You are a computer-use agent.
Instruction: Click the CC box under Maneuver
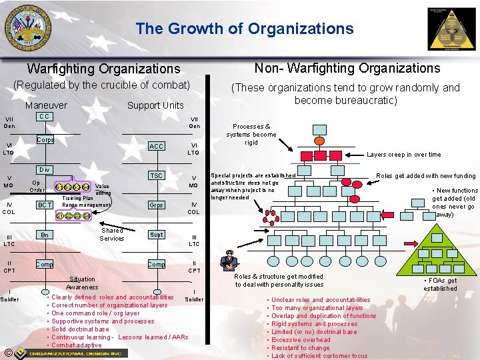coord(44,117)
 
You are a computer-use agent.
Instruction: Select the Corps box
coord(45,141)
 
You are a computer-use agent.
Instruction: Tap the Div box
coord(45,170)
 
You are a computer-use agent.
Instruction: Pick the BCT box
coord(45,205)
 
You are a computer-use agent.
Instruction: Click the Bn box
coord(45,235)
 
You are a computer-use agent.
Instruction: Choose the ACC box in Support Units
coord(156,147)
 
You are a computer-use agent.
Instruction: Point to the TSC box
coord(156,175)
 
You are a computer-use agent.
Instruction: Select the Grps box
coord(156,205)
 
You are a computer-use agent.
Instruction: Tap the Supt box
coord(156,235)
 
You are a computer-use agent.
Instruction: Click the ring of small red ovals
coord(271,215)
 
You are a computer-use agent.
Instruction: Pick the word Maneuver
coord(46,105)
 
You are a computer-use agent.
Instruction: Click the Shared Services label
coord(112,234)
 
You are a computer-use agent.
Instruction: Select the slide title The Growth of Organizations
coord(244,29)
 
